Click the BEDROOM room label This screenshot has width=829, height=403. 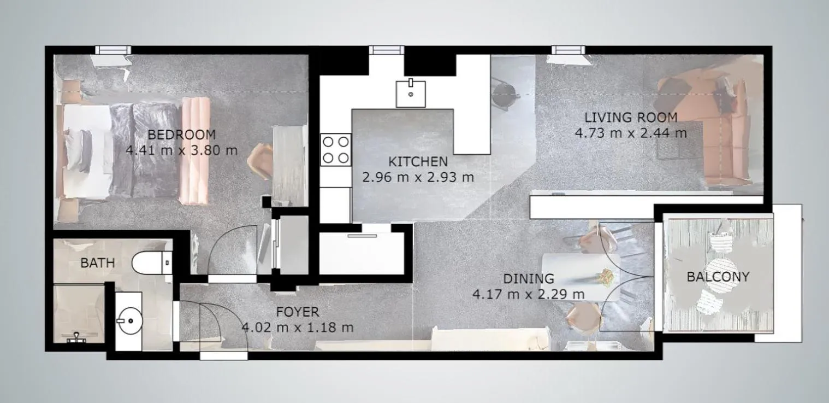(x=181, y=135)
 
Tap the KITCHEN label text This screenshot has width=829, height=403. (x=418, y=162)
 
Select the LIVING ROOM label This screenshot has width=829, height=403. (x=631, y=117)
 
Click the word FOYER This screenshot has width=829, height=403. (x=297, y=312)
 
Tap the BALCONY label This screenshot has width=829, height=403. (x=718, y=277)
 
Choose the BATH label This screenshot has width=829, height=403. (x=98, y=263)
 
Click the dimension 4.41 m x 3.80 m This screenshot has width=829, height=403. (x=181, y=150)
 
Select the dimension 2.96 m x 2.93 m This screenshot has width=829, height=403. (x=418, y=177)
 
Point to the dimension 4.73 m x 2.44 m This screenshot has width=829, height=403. (x=631, y=133)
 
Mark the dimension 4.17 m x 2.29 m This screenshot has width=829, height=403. (x=528, y=295)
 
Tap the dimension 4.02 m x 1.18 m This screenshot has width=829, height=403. (x=297, y=328)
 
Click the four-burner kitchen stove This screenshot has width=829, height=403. (x=335, y=150)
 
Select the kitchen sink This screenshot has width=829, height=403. (x=411, y=93)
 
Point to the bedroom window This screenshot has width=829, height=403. (x=114, y=50)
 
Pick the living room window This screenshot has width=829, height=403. (x=568, y=50)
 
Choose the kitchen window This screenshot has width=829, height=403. (x=386, y=50)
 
